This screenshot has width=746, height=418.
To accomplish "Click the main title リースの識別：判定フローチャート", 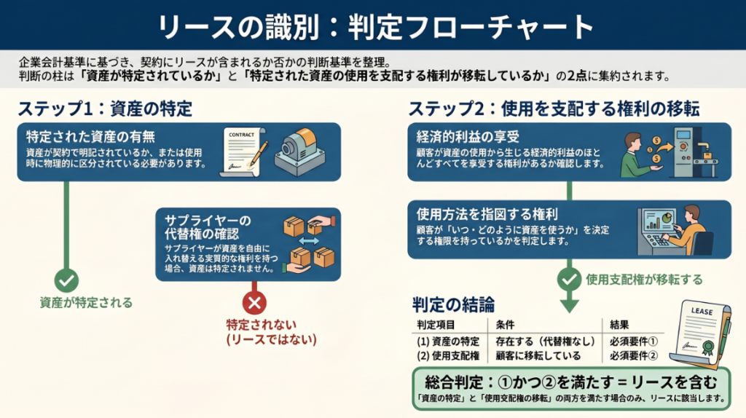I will pos(372,26).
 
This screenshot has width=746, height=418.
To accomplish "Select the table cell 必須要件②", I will pos(632,356).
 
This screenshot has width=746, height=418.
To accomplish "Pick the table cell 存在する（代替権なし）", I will pos(545,341).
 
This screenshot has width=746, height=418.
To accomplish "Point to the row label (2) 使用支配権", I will pos(447,356).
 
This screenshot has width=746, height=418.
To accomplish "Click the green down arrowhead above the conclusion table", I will pos(569,304).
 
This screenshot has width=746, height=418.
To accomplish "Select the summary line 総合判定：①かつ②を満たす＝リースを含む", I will pos(569,382).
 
